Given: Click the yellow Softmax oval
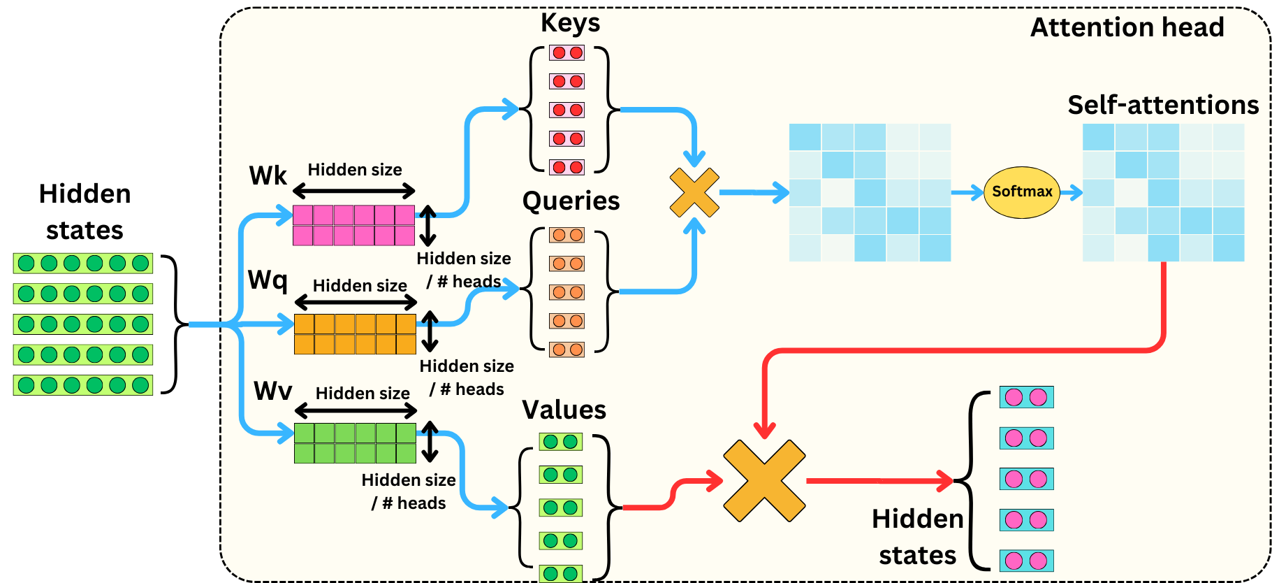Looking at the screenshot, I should [1021, 192].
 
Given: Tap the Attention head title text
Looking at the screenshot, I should [1127, 27].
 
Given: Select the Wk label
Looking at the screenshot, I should [268, 175].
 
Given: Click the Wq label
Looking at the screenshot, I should [268, 280].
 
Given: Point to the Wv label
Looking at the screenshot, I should [272, 391].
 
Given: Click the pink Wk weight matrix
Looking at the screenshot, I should [353, 225].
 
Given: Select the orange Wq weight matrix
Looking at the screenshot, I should [355, 334].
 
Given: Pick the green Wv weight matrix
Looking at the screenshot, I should [355, 443].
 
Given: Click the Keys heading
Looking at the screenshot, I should [570, 23].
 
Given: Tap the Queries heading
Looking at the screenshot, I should [571, 201].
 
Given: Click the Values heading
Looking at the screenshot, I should [564, 410].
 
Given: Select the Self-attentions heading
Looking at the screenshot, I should [1163, 105].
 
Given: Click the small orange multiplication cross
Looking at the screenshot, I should [694, 192].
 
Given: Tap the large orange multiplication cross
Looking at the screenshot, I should [764, 480].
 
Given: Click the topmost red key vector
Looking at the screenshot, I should [566, 52].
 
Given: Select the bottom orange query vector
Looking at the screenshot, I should [566, 350].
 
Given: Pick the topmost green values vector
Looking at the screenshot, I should [560, 441].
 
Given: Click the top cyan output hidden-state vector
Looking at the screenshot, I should [1026, 397].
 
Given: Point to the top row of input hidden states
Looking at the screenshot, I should [82, 264].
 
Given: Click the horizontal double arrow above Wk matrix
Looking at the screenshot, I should [354, 191].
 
